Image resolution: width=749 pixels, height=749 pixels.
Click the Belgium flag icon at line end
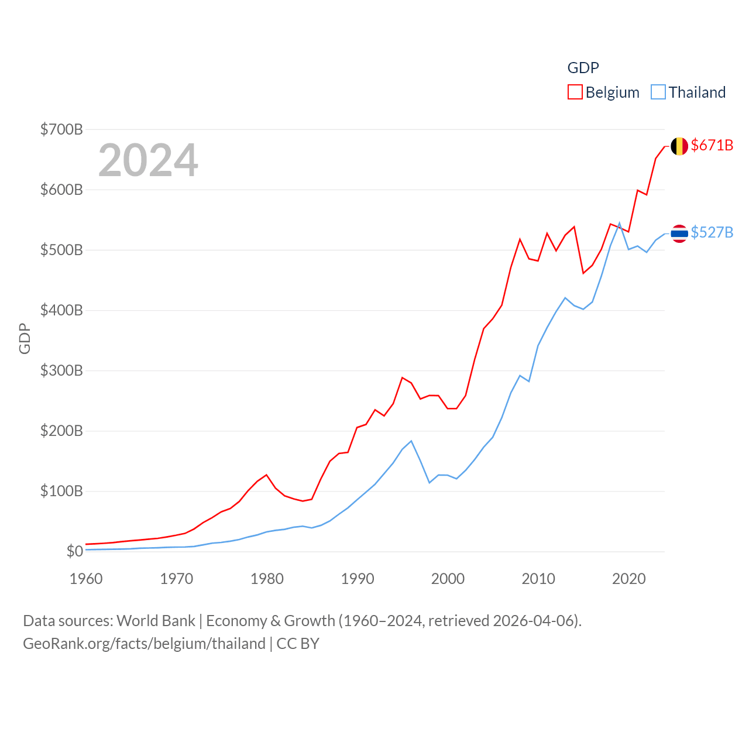pos(679,146)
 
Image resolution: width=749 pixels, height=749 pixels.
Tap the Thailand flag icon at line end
pos(679,233)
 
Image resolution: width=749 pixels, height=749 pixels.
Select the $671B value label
pos(712,145)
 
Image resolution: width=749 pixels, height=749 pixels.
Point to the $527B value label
pos(712,232)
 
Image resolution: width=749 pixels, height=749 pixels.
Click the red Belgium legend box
pos(575,92)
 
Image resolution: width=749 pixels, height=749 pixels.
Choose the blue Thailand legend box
pos(658,92)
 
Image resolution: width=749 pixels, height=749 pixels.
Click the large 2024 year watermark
pos(148,160)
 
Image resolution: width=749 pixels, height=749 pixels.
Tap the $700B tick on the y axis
pos(61,129)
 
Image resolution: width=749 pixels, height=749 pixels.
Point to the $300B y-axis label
pos(61,370)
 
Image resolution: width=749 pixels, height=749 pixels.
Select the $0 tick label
pos(74,551)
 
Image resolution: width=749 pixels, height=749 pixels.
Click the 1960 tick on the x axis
pos(86,579)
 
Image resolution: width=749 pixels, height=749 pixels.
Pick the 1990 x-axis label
pos(358,579)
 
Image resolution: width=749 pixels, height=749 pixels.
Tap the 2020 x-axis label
pos(629,579)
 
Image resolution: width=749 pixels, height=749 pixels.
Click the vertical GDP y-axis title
pos(25,338)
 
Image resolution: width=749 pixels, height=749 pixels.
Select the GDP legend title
pos(583,68)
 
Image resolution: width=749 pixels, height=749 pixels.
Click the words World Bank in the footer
pos(156,620)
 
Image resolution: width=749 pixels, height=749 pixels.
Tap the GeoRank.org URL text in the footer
pos(144,644)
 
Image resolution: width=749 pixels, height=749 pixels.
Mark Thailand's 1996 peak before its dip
pos(411,441)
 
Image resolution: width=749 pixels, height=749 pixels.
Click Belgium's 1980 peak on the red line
pos(267,475)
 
